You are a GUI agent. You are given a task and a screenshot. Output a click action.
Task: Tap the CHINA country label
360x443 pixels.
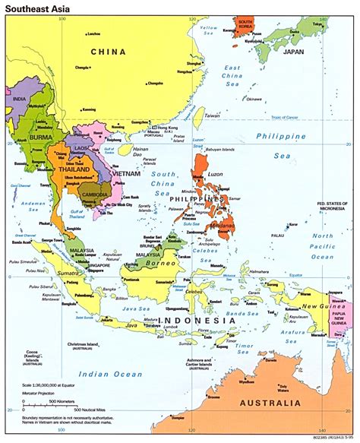(107, 52)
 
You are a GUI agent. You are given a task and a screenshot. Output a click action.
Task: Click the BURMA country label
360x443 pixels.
(41, 138)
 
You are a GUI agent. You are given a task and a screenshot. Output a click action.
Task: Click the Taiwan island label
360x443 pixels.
(212, 116)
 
